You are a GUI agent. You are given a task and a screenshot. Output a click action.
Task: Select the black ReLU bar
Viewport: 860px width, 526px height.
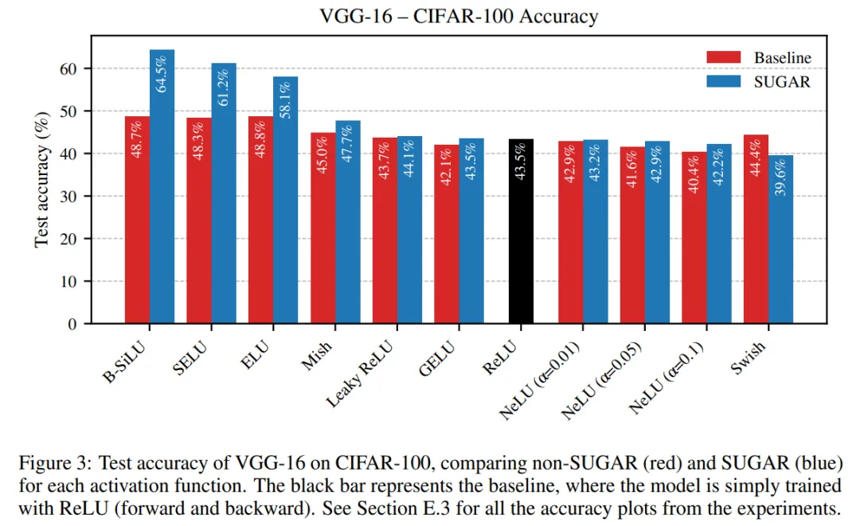pos(521,239)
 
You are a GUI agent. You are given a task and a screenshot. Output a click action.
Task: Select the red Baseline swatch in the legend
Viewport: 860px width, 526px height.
pos(724,57)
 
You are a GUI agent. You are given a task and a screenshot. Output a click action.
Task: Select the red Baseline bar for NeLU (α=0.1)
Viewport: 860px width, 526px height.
pos(694,239)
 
